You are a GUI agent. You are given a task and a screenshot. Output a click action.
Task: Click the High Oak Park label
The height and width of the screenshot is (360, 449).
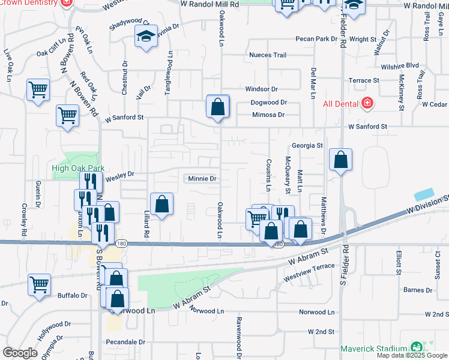[78, 169]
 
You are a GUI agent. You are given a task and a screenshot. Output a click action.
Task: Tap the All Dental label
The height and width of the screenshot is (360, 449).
[340, 104]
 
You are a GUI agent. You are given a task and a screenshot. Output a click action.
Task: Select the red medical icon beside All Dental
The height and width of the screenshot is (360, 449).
[367, 104]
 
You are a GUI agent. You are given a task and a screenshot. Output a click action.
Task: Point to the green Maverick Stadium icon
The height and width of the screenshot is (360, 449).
[415, 347]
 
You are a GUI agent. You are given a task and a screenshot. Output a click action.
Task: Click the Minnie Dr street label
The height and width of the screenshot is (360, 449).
[202, 179]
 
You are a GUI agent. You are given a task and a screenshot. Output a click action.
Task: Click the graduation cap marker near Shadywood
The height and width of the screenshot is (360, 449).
[146, 37]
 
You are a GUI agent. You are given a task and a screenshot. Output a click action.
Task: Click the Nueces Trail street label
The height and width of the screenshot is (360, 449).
[268, 55]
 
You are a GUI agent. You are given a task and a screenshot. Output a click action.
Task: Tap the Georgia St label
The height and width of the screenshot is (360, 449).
[307, 145]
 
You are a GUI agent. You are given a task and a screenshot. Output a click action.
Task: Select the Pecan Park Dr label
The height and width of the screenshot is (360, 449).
[316, 39]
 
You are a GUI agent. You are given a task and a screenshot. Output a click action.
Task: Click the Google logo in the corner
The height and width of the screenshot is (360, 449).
[20, 353]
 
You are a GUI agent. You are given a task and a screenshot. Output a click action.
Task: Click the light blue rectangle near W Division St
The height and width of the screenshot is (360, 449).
[424, 195]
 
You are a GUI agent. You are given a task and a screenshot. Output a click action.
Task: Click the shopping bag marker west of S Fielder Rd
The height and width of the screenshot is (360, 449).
[340, 161]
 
